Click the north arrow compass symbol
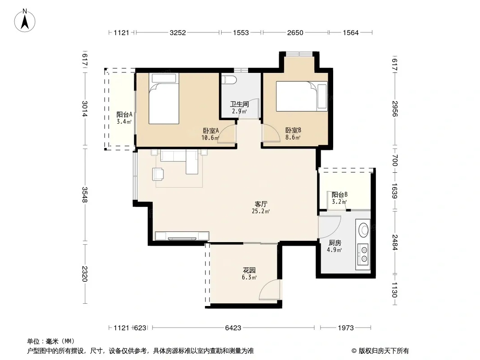[x=25, y=21]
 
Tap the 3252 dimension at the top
[x=178, y=32]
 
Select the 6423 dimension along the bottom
[x=233, y=328]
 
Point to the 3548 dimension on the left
[x=85, y=194]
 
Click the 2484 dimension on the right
[x=394, y=242]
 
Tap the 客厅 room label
[x=261, y=204]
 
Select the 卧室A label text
[x=211, y=130]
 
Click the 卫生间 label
[x=240, y=104]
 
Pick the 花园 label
[x=249, y=270]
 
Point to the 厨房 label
[x=335, y=243]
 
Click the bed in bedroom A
[x=164, y=98]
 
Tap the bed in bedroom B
[x=302, y=96]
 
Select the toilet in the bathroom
[x=229, y=80]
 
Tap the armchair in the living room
[x=158, y=174]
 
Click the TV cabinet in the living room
[x=182, y=236]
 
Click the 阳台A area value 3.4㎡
[x=124, y=122]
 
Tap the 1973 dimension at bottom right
[x=346, y=328]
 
